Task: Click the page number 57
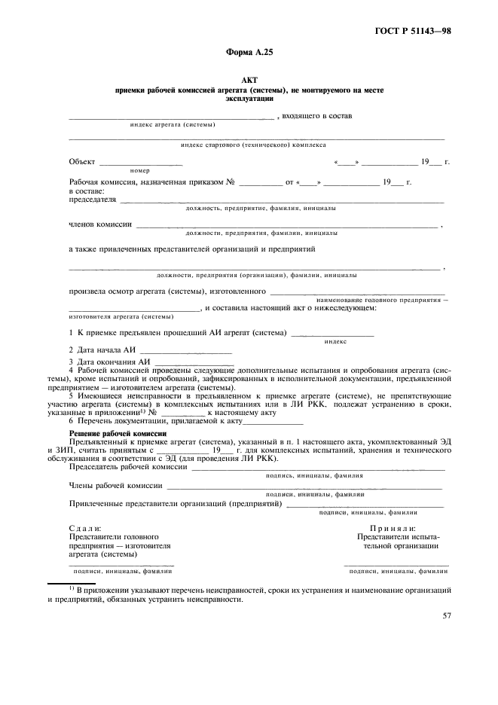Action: pyautogui.click(x=447, y=615)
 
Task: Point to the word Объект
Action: pyautogui.click(x=82, y=162)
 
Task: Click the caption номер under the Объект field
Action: pyautogui.click(x=139, y=171)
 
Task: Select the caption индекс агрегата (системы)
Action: pyautogui.click(x=172, y=124)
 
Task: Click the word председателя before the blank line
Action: pyautogui.click(x=93, y=200)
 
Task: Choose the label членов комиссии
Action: pyautogui.click(x=100, y=224)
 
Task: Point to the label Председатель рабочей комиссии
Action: pyautogui.click(x=128, y=467)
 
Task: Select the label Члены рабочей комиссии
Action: pyautogui.click(x=116, y=486)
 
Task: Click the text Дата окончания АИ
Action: pyautogui.click(x=110, y=362)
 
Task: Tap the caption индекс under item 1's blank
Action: pyautogui.click(x=335, y=341)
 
